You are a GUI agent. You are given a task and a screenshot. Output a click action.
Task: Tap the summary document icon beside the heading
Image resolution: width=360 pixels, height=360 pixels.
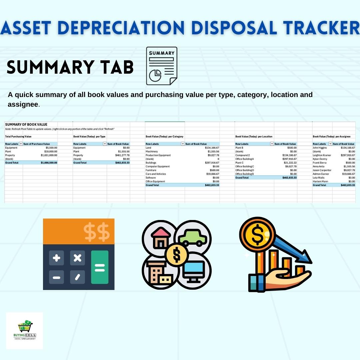(162, 66)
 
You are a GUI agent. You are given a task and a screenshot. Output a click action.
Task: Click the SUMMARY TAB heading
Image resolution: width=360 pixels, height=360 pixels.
(70, 67)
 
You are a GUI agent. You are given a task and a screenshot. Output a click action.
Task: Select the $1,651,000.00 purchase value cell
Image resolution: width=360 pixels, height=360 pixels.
(49, 155)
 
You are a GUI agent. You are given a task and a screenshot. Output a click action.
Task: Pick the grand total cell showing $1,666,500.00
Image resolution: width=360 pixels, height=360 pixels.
(49, 163)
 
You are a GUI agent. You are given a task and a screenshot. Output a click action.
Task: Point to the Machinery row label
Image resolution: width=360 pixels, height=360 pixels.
(152, 152)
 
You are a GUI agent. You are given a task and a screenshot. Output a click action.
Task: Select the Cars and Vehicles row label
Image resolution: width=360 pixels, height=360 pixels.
(156, 174)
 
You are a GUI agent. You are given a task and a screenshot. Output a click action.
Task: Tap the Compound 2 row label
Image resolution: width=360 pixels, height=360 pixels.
(242, 155)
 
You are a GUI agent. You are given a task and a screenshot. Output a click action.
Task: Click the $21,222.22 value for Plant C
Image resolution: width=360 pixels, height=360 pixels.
(289, 163)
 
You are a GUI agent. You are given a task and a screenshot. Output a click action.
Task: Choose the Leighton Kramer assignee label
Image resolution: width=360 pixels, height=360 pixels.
(322, 155)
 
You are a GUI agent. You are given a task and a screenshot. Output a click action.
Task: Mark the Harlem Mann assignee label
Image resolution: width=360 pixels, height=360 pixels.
(321, 181)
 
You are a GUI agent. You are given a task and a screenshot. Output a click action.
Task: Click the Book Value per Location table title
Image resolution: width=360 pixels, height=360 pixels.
(254, 137)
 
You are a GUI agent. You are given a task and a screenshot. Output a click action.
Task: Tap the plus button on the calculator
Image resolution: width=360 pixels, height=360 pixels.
(57, 258)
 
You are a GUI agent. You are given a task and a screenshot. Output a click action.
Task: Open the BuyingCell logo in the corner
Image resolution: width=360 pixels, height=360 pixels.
(25, 330)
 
